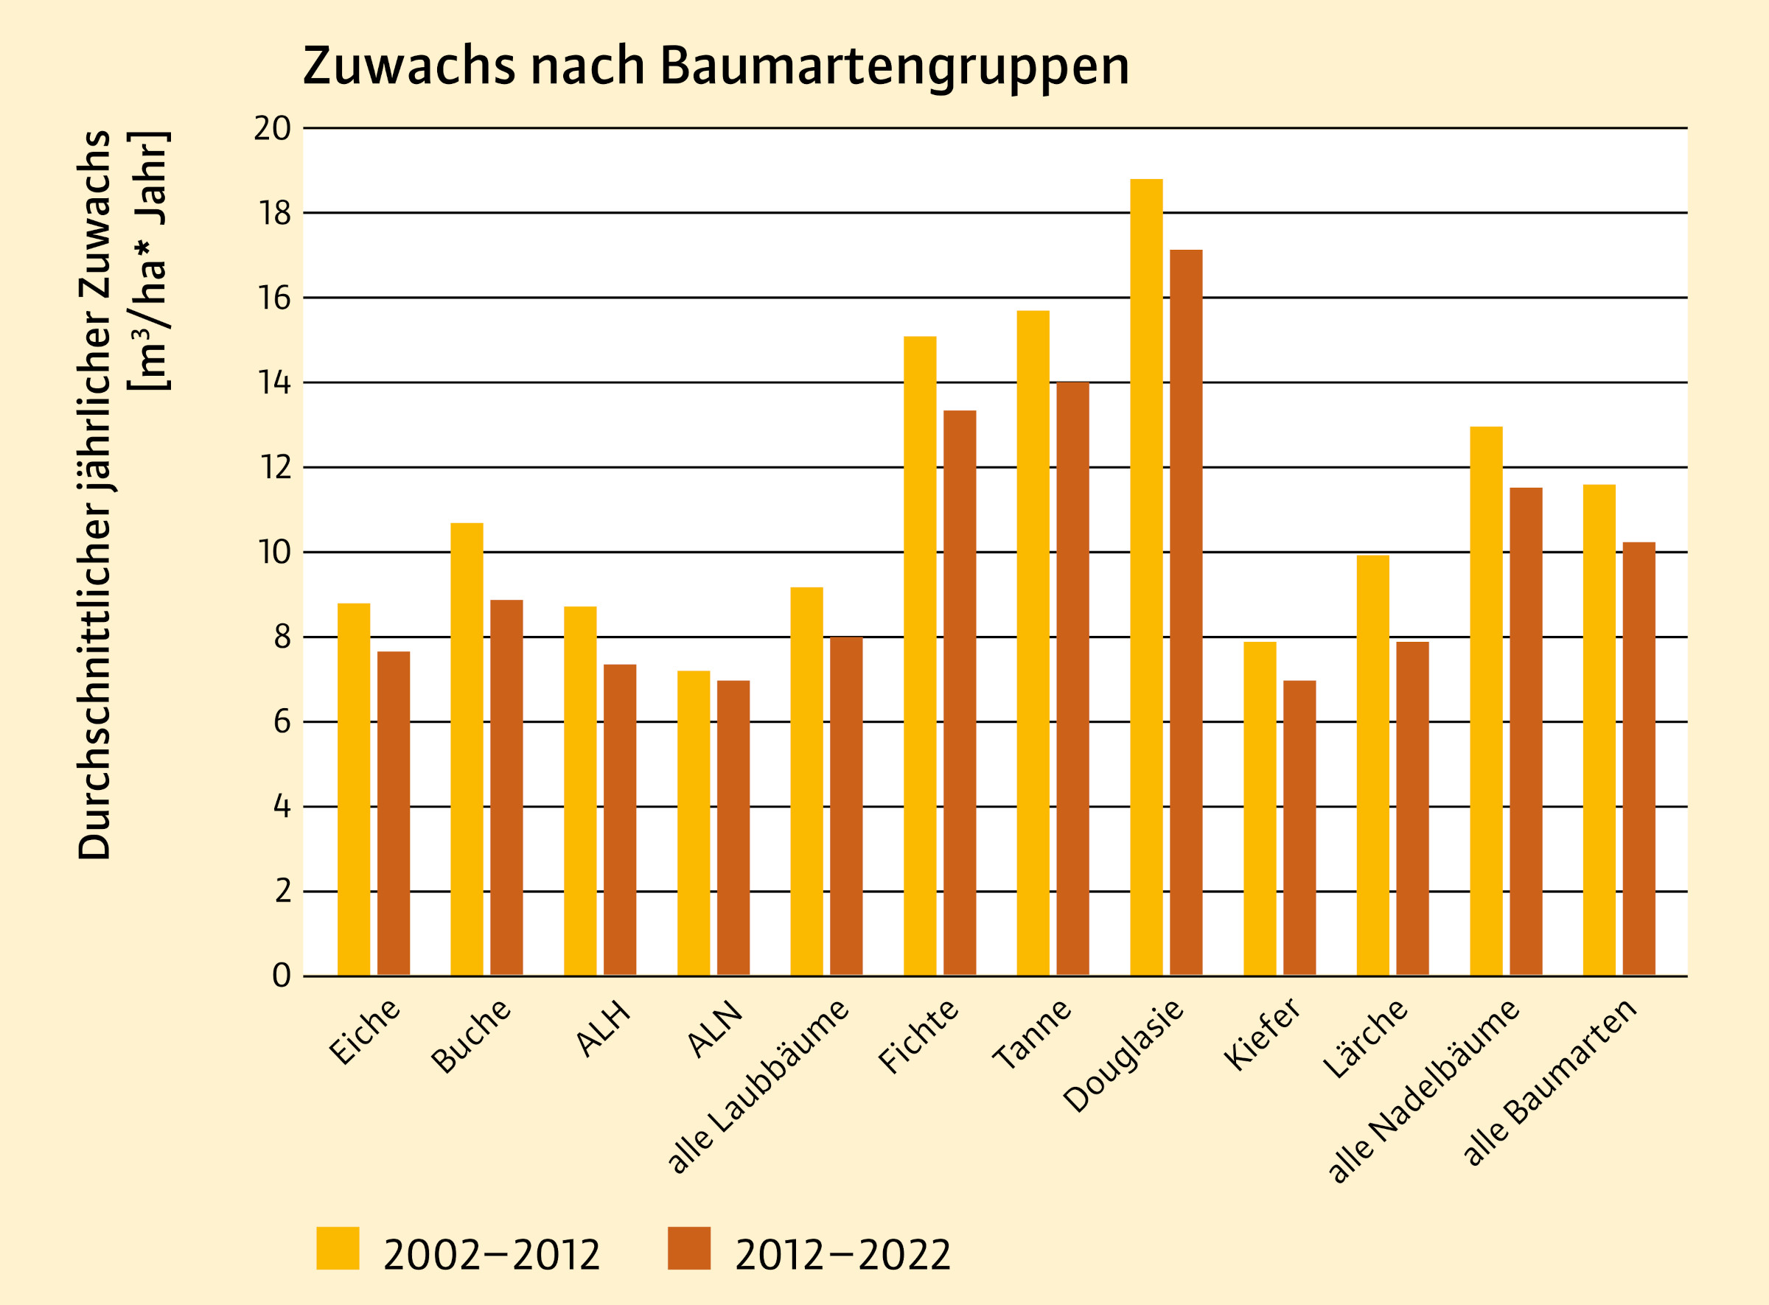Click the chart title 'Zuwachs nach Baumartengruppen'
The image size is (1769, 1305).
point(715,66)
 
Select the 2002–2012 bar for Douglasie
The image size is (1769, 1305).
point(1145,577)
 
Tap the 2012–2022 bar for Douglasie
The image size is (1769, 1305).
point(1186,612)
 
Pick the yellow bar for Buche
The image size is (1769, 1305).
point(466,749)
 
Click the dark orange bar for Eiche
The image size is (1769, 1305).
point(394,813)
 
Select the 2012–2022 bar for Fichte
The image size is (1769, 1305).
point(959,693)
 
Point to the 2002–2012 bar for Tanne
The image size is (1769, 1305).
point(1033,643)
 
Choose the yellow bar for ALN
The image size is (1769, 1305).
point(693,823)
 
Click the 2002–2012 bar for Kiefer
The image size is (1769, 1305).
point(1260,808)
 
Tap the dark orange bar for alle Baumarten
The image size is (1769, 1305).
point(1639,758)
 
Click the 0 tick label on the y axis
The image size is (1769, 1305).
point(282,976)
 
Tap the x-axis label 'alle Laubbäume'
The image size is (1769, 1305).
point(758,1086)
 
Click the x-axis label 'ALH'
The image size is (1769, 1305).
point(604,1029)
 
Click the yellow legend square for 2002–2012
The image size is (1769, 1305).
point(338,1248)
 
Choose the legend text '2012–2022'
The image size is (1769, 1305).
point(842,1255)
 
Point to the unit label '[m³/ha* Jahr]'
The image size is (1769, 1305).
point(150,261)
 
